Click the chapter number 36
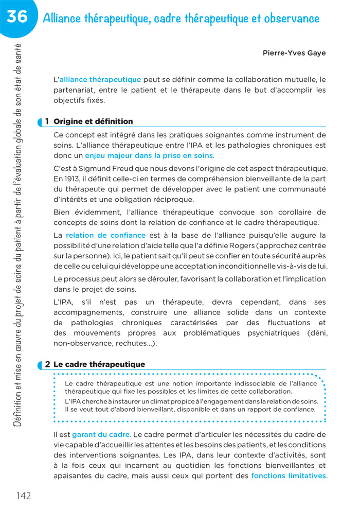tap(17, 16)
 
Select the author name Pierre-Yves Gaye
tap(294, 53)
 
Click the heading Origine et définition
tap(93, 121)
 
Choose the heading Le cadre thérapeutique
tap(99, 364)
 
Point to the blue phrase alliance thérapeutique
tap(100, 80)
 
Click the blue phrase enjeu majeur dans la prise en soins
tap(149, 155)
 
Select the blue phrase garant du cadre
tap(101, 434)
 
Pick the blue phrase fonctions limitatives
tap(288, 475)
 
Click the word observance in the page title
tap(292, 19)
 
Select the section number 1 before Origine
tap(47, 121)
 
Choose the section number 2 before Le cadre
tap(47, 364)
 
